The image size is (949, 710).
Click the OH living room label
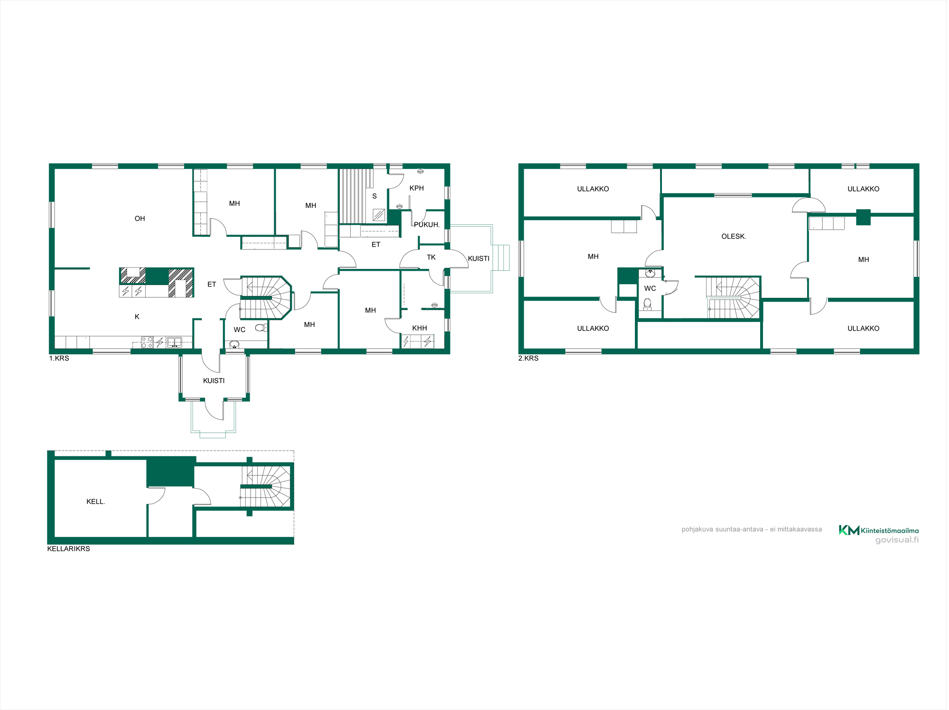click(x=140, y=219)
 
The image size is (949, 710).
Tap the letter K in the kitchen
click(x=137, y=317)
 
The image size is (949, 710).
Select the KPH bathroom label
click(x=417, y=188)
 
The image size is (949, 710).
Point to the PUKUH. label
click(x=427, y=225)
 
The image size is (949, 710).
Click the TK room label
click(x=431, y=258)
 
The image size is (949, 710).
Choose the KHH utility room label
click(x=419, y=328)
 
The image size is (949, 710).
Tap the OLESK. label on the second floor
click(x=734, y=237)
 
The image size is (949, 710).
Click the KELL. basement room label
click(x=95, y=502)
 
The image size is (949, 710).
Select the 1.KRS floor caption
click(x=59, y=359)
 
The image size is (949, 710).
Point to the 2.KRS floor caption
click(x=528, y=359)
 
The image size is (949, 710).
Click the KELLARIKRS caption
click(x=68, y=549)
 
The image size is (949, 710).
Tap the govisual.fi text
click(x=897, y=540)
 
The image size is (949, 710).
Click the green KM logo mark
click(x=849, y=530)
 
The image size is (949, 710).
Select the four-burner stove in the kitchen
click(x=147, y=342)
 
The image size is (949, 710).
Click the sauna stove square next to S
click(x=379, y=215)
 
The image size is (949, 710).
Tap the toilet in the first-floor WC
click(x=260, y=328)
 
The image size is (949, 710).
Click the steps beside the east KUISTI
click(x=501, y=258)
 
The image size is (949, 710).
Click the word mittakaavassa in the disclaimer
click(x=800, y=529)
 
